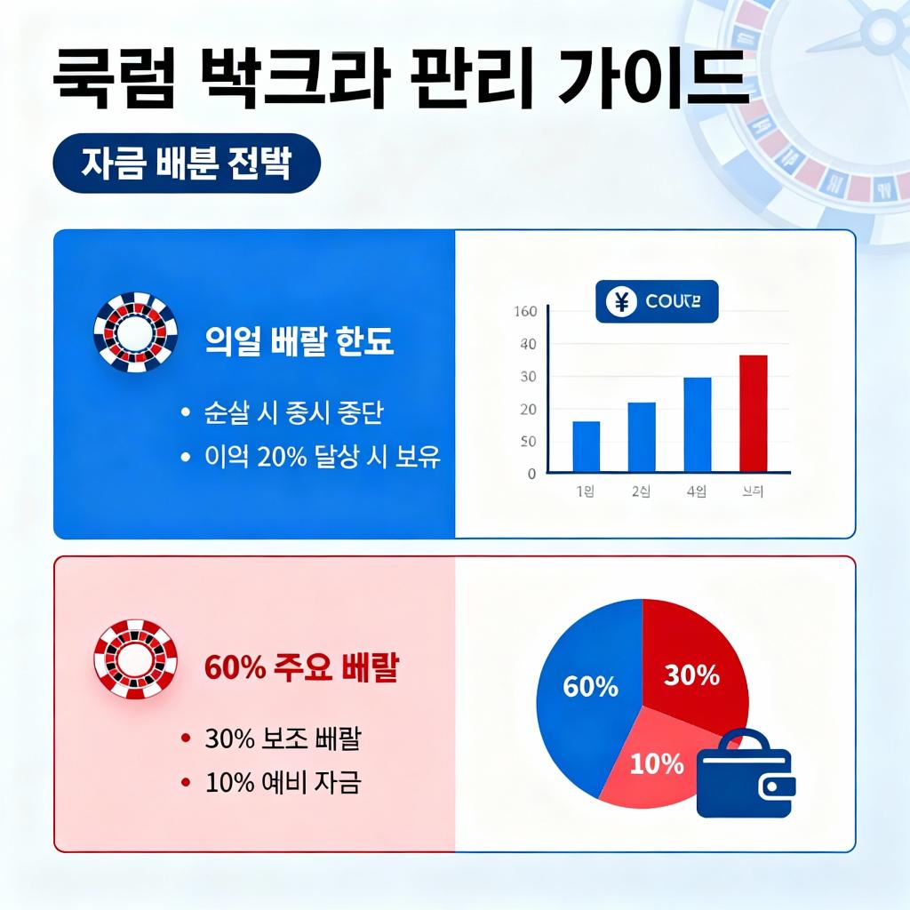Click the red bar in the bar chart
[x=753, y=413]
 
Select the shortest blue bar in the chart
[x=586, y=446]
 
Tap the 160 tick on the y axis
[x=525, y=311]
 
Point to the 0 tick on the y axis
[x=531, y=474]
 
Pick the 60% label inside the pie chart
[x=590, y=686]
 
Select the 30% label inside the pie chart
[x=691, y=675]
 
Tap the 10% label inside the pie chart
[x=657, y=763]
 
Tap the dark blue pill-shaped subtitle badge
[x=187, y=164]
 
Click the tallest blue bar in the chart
[x=697, y=425]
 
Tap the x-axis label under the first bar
[x=586, y=491]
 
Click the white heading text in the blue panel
[x=299, y=342]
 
